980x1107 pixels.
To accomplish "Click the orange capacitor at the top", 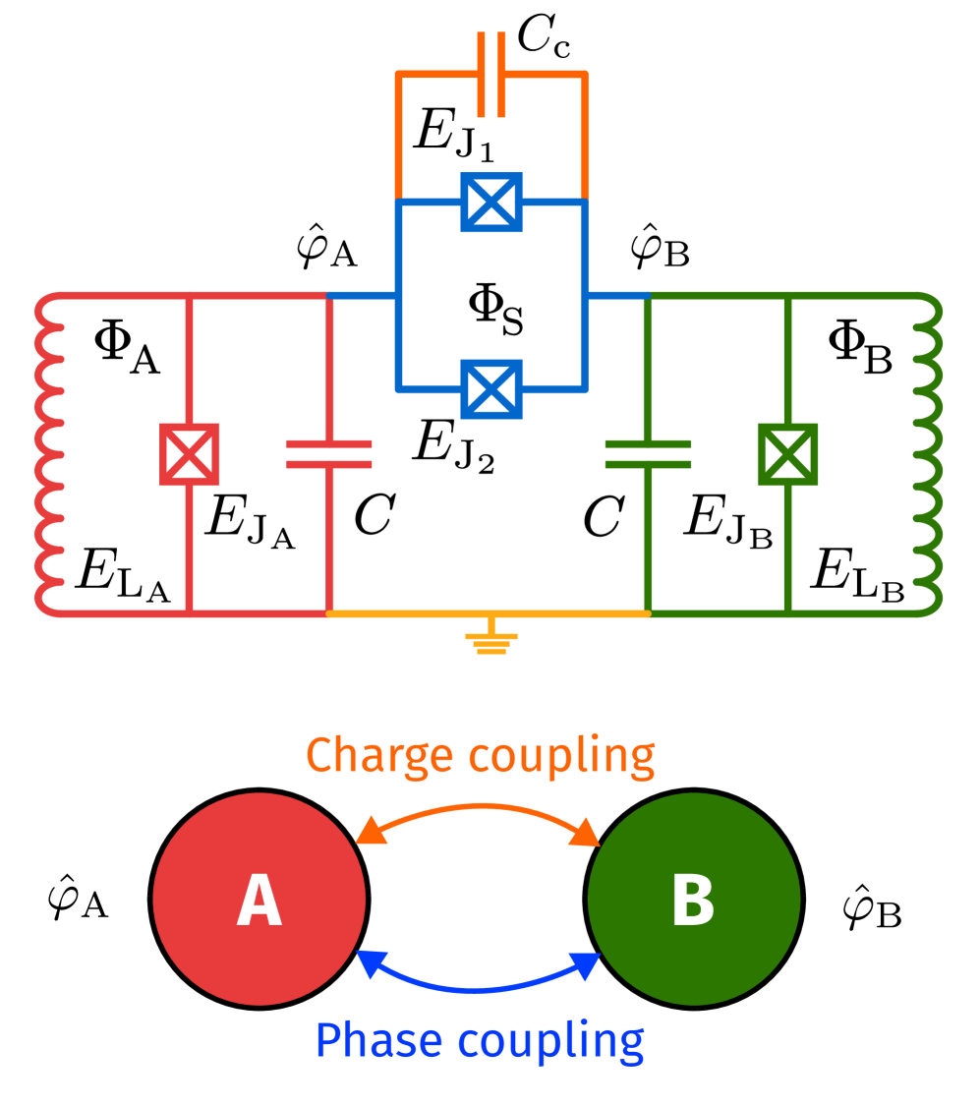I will (x=491, y=75).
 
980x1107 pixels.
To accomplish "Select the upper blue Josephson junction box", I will (x=491, y=203).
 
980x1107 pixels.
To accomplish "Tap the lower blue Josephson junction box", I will (x=491, y=389).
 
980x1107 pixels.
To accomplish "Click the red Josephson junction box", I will (x=190, y=454).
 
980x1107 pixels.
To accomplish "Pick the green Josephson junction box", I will (x=787, y=454).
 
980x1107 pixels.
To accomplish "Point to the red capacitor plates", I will (x=329, y=454).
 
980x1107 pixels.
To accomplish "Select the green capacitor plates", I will (x=648, y=454).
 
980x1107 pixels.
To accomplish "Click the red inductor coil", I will (x=49, y=454).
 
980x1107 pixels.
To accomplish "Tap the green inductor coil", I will (x=928, y=454).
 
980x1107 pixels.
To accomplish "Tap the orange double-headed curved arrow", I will (x=478, y=809).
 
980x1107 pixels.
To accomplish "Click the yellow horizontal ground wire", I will (x=413, y=613).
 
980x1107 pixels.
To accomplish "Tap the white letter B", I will (x=693, y=901).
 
